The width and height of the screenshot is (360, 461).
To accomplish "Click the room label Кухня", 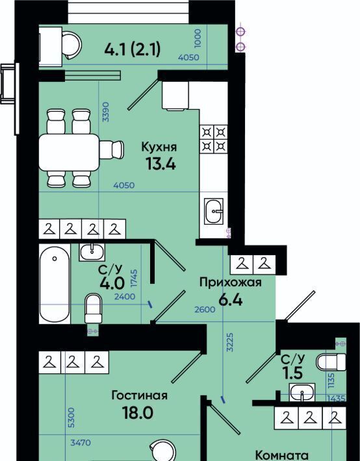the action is (159, 147).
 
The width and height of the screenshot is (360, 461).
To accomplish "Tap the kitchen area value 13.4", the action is (161, 164).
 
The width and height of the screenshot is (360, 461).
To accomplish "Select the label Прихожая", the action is (231, 283).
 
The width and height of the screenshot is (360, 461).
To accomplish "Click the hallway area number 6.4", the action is (231, 300).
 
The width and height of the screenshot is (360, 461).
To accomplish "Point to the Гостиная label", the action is (140, 395).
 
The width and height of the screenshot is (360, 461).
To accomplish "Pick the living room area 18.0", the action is (138, 413).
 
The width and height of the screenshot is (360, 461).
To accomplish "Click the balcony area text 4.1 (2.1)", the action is (133, 49).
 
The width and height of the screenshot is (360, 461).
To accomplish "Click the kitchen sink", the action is (214, 211).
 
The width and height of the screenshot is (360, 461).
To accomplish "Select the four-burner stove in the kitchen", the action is (214, 140).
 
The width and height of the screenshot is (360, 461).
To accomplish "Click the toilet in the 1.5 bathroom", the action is (331, 362).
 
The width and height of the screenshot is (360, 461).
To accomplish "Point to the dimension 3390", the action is (105, 112).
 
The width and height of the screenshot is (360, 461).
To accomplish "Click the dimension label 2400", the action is (125, 297).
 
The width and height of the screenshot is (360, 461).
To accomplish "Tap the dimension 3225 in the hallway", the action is (230, 342).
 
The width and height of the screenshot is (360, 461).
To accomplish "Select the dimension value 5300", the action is (71, 417).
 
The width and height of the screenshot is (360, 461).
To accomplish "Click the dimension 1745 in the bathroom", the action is (135, 280).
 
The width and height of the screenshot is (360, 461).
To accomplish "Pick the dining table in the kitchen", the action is (69, 153).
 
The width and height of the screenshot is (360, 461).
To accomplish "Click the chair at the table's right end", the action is (112, 150).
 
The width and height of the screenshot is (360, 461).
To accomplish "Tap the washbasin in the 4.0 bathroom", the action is (92, 253).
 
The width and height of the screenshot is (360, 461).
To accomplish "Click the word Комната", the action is (282, 456).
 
